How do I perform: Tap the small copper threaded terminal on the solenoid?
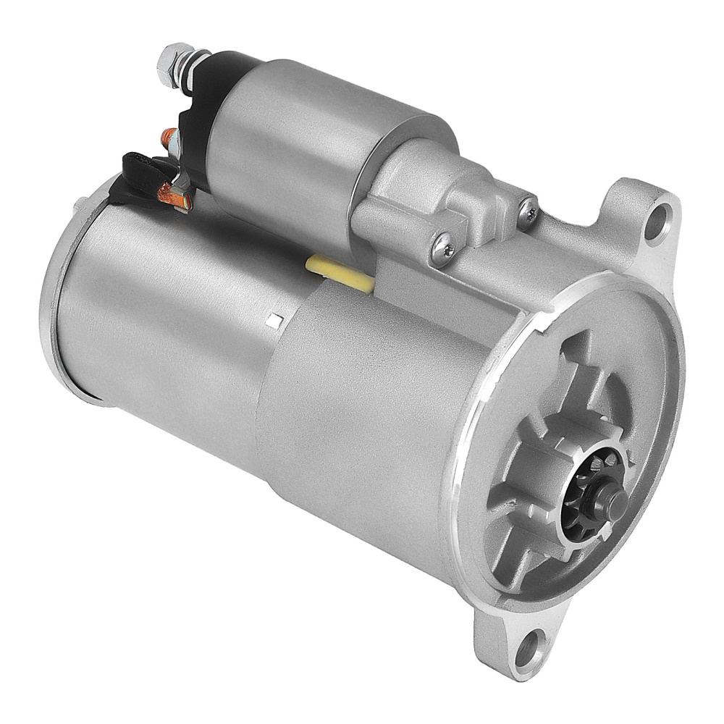point(169,136)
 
